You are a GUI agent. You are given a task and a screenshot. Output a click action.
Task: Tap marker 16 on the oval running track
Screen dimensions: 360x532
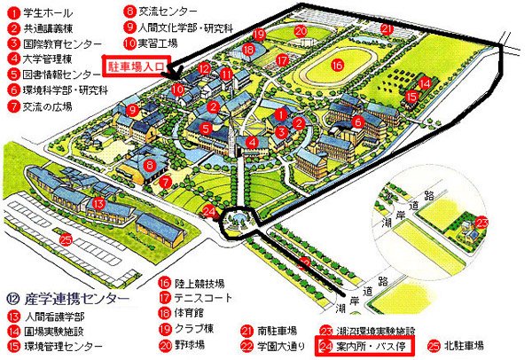[x=337, y=65]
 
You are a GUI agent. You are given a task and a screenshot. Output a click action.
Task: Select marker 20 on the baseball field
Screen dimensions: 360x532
[x=301, y=31]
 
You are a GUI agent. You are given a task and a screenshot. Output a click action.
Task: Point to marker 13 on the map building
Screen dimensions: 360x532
[x=98, y=203]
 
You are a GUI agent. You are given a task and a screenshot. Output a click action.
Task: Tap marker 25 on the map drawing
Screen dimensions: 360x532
[x=66, y=238]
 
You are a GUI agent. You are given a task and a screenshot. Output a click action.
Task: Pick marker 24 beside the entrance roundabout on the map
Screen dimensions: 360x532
[x=207, y=210]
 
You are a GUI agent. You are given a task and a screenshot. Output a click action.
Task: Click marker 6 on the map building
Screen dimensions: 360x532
[x=357, y=121]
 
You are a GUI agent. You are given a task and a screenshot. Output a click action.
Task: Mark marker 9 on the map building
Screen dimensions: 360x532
[x=131, y=110]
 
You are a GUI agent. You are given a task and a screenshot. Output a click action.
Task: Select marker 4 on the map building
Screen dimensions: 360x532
[x=252, y=141]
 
